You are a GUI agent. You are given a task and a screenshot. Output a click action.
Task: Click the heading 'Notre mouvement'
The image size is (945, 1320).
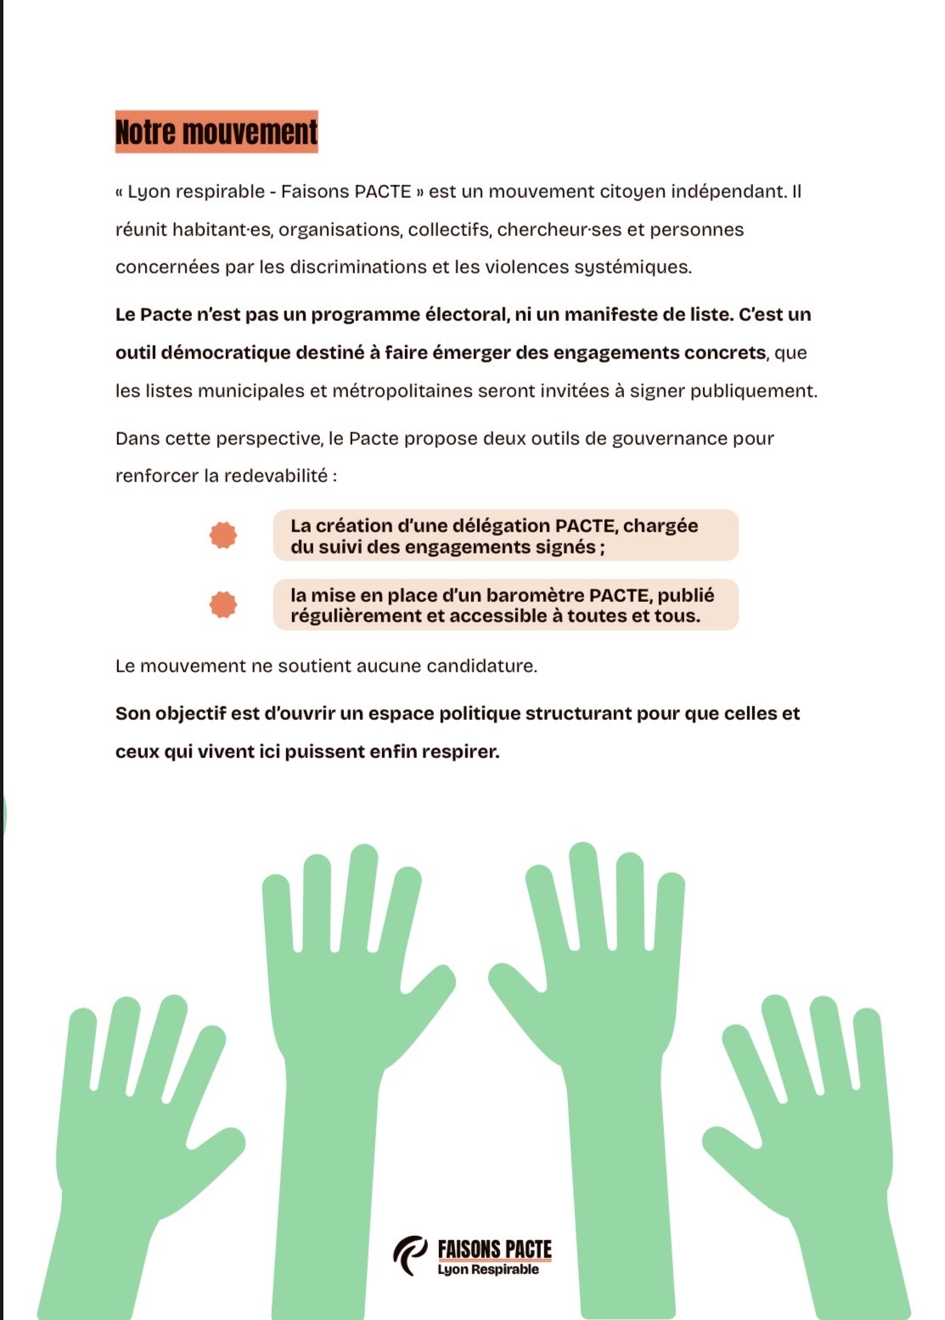click(x=217, y=132)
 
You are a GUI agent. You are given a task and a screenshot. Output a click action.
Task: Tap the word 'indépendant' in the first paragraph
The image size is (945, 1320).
click(x=728, y=191)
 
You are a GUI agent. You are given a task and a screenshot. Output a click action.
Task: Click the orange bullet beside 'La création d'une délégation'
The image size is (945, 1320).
click(x=223, y=535)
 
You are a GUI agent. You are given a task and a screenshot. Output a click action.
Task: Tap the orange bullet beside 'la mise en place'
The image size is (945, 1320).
click(x=223, y=604)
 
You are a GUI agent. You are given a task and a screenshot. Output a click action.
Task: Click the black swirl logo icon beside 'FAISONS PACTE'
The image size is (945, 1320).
click(x=411, y=1255)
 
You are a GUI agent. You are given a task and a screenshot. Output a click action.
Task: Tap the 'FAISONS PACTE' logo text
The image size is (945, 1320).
click(x=494, y=1249)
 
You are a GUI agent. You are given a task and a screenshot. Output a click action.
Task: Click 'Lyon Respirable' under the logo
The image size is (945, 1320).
click(x=488, y=1270)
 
